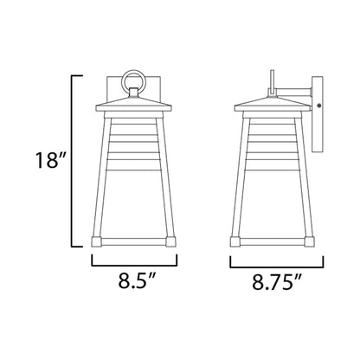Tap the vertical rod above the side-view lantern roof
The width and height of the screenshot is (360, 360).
[x=269, y=80]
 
